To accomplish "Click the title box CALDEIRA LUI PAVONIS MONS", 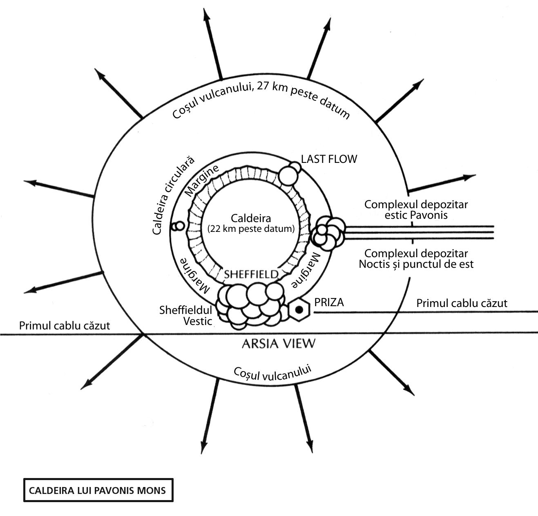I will tap(98, 490).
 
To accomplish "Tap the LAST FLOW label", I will tap(329, 159).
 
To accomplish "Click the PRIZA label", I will tap(329, 302).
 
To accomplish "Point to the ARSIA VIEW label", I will tap(279, 344).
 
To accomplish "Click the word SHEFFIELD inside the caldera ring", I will tap(251, 274).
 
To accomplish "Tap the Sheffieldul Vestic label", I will tap(186, 316).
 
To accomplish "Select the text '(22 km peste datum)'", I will tap(251, 229).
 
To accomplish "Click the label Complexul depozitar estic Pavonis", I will tap(416, 209).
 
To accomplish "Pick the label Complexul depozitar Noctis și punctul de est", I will tap(416, 259).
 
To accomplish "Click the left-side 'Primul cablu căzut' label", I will tap(65, 326).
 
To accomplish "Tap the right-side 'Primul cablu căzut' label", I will tap(462, 303).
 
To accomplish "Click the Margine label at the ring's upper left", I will tap(202, 180).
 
